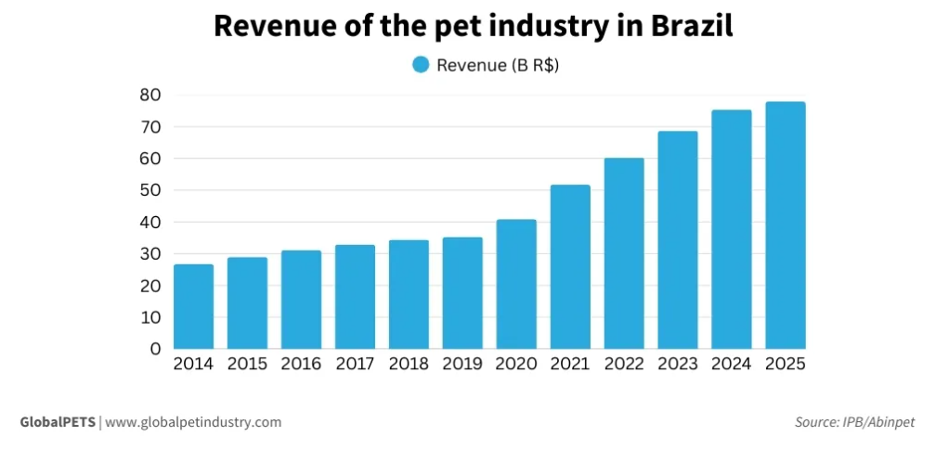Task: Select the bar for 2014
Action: [193, 307]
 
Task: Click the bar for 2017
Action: [355, 297]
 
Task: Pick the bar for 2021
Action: [570, 267]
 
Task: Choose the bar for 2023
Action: [678, 240]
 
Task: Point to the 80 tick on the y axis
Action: [149, 95]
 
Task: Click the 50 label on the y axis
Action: [149, 190]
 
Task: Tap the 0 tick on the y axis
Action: [155, 349]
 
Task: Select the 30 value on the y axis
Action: [149, 253]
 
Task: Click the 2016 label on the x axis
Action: [301, 365]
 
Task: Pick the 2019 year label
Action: [462, 365]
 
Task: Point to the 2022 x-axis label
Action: [624, 365]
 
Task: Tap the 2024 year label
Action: [732, 365]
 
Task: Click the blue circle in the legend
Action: [421, 65]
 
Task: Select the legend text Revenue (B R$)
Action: [497, 65]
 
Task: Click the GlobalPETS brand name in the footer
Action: [58, 422]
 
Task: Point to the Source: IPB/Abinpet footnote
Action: [854, 422]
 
